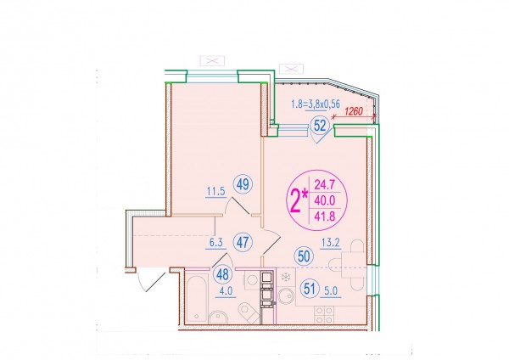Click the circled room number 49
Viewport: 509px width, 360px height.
point(243,184)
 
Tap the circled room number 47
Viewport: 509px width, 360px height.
point(243,242)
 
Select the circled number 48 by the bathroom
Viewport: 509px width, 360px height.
point(222,274)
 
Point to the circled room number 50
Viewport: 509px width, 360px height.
point(304,256)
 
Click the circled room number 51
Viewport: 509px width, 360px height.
point(310,289)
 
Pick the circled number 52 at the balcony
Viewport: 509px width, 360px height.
point(320,126)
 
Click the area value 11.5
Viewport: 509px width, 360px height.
point(216,191)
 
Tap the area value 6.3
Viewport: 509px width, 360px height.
point(215,243)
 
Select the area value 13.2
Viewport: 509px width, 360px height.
point(331,242)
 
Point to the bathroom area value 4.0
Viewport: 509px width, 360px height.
point(226,291)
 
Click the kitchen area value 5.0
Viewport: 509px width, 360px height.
point(331,290)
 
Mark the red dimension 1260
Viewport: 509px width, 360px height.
point(353,112)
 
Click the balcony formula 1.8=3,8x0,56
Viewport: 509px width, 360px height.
point(316,104)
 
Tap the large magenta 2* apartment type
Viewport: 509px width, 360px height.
point(299,200)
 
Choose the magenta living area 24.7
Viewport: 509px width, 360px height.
point(324,184)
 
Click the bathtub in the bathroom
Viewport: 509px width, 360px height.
point(197,298)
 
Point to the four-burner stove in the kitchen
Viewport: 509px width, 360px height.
point(324,315)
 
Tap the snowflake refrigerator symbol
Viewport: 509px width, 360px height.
point(286,278)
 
